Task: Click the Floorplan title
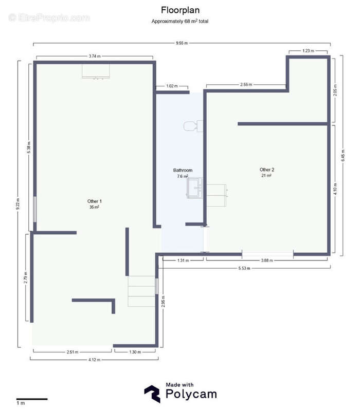pos(180,10)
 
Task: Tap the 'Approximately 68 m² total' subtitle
pos(179,21)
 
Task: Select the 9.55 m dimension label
pos(182,43)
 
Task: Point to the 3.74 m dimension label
pos(95,56)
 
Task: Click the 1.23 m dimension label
pos(308,51)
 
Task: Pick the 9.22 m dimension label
pos(17,204)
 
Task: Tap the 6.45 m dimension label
pos(343,156)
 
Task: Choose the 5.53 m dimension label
pos(244,268)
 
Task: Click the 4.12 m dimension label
pos(95,360)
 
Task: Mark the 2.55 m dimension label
pos(246,84)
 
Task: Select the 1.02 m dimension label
pos(172,86)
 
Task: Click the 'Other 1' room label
pos(95,201)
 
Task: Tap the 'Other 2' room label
pos(267,170)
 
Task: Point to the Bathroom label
pos(183,170)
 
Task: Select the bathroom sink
pos(195,188)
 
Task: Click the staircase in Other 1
pos(141,291)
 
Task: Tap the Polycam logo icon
pos(152,394)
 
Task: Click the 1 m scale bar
pos(32,399)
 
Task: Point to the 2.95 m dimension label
pos(163,302)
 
